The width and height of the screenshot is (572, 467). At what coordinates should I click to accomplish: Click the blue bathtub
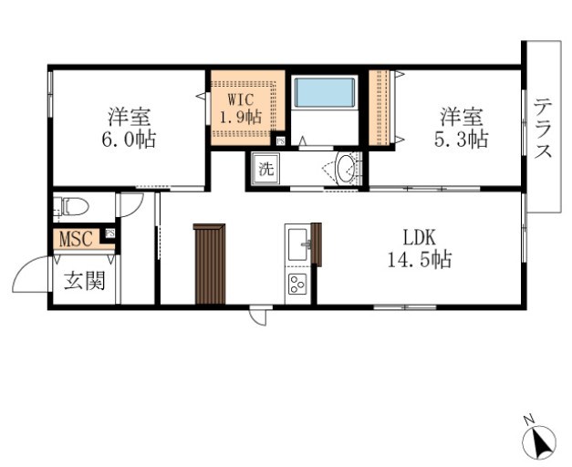click(x=324, y=93)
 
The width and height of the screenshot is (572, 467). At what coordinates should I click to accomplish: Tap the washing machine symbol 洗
click(x=265, y=169)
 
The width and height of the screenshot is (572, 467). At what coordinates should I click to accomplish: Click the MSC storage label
click(x=77, y=239)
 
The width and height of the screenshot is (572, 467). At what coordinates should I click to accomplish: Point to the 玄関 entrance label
click(x=83, y=280)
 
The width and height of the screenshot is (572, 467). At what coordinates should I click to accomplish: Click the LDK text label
click(x=419, y=239)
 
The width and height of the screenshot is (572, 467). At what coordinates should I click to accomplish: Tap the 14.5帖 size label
click(x=419, y=259)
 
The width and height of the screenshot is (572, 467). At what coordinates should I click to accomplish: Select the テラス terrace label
click(x=544, y=128)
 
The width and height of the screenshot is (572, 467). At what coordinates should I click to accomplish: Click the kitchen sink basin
click(x=297, y=244)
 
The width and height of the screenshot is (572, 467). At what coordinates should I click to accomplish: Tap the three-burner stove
click(x=297, y=285)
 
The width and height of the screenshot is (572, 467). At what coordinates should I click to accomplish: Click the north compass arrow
click(x=540, y=442)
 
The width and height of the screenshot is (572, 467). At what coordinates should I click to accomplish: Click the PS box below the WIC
click(x=279, y=140)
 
